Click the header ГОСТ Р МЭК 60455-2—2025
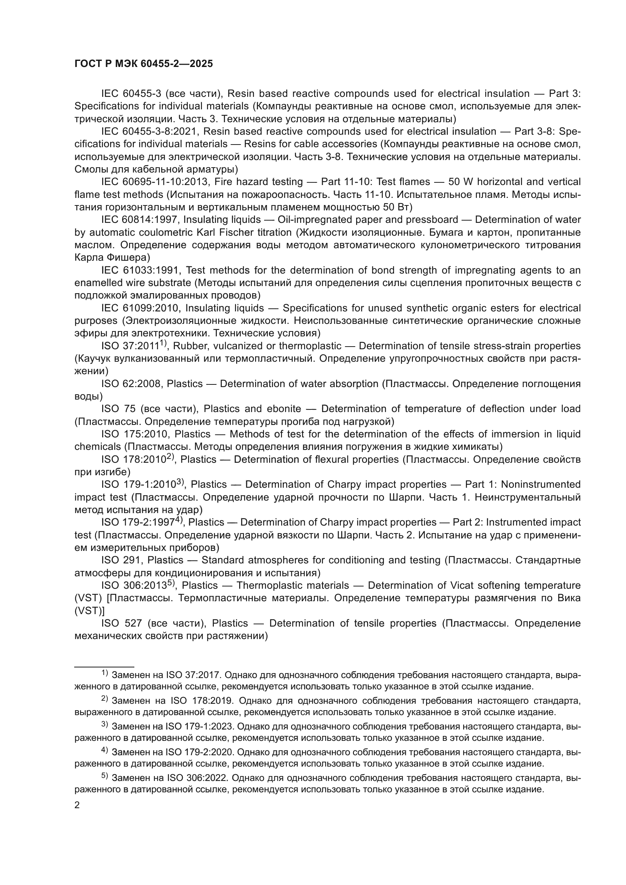point(143,64)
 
